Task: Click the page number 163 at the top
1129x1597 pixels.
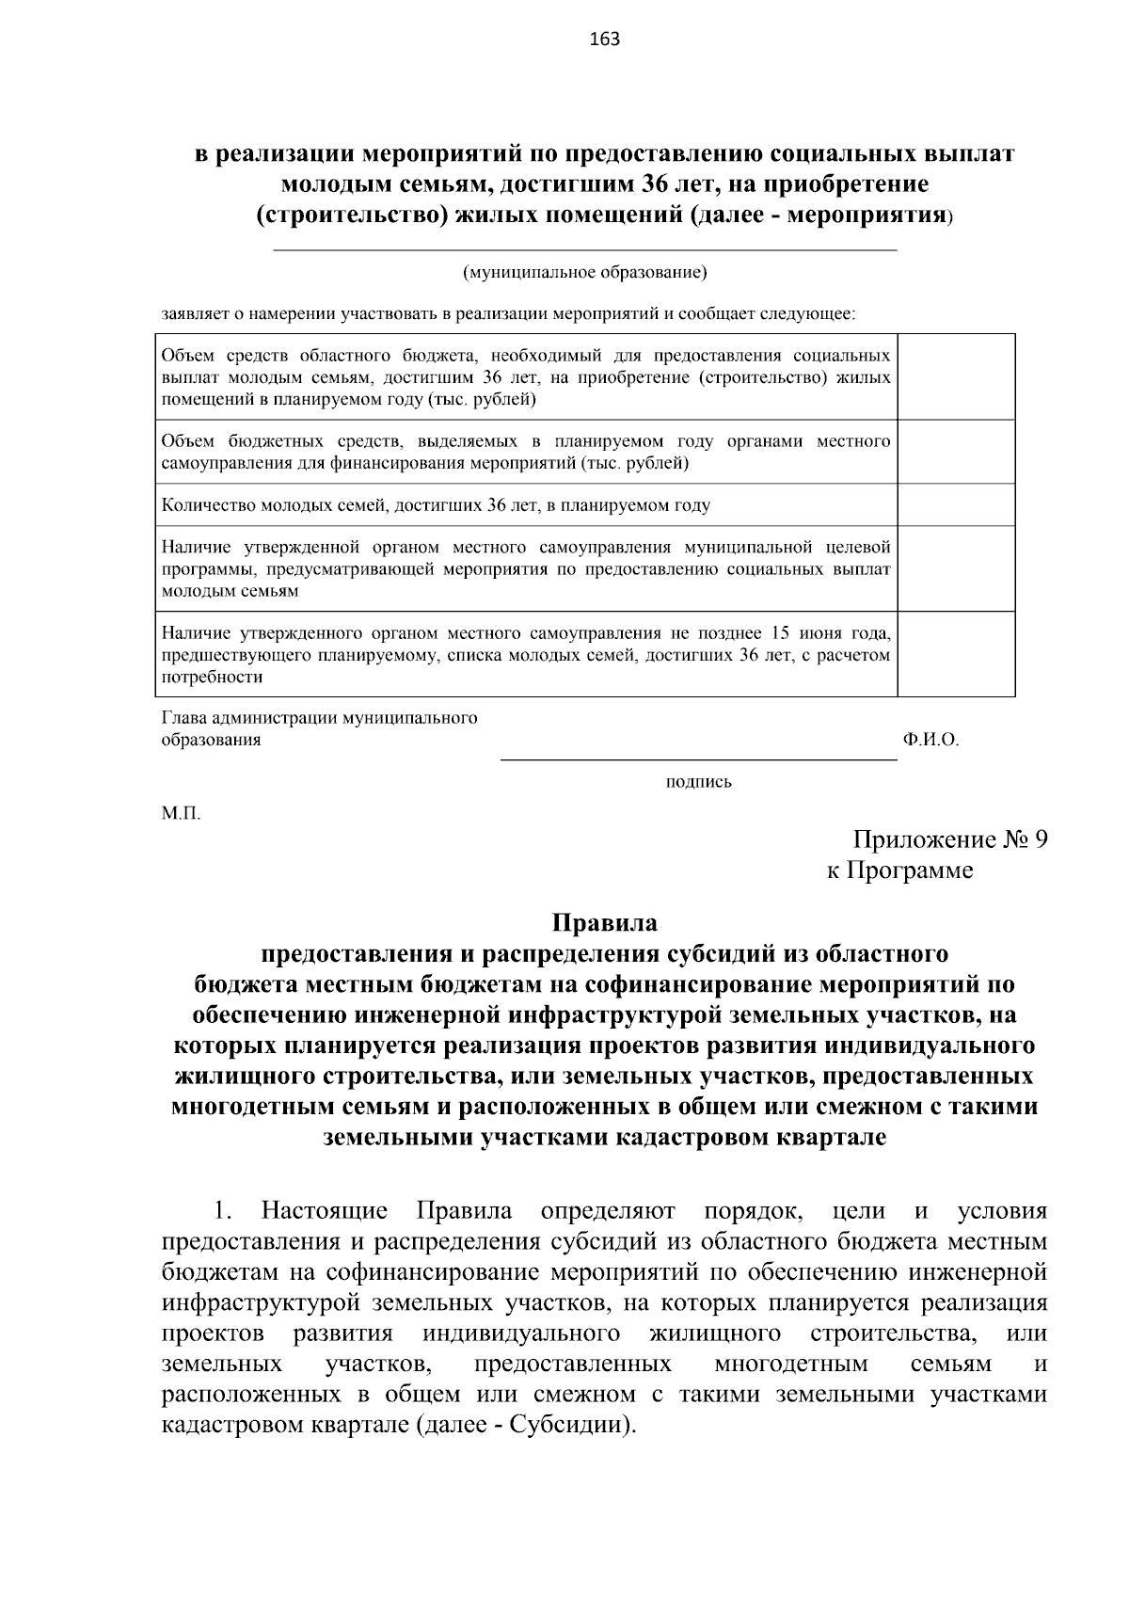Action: (x=604, y=39)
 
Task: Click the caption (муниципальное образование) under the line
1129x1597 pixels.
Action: (x=584, y=273)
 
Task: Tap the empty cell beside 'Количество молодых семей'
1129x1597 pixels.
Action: (x=956, y=504)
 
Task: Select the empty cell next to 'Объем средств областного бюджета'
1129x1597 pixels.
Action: (x=956, y=376)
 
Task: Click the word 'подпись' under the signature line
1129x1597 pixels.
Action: (x=698, y=781)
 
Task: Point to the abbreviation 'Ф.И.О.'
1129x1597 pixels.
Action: (x=930, y=740)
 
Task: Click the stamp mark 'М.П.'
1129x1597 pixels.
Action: (x=181, y=813)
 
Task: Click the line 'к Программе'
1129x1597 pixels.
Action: (x=899, y=870)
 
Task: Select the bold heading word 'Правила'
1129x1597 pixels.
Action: (x=604, y=922)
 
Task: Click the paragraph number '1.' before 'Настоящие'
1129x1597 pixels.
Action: (x=222, y=1209)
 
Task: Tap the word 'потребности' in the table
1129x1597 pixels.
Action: (x=212, y=677)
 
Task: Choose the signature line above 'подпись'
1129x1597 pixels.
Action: (x=698, y=759)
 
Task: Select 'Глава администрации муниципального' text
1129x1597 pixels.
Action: (x=320, y=718)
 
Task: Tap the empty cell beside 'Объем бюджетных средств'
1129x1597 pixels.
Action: (x=956, y=452)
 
